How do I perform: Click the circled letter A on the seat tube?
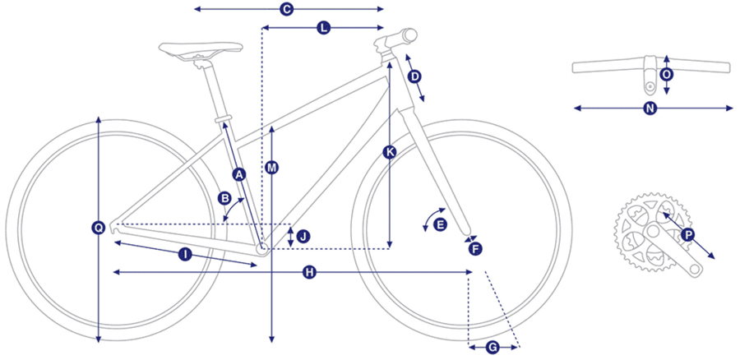[239, 175]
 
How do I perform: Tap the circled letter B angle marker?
[224, 198]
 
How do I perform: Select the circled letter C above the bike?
[286, 9]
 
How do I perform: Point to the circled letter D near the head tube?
[414, 76]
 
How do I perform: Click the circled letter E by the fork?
[439, 225]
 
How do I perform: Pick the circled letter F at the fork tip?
[475, 249]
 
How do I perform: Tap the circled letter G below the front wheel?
[492, 348]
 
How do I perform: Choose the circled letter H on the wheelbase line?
[309, 272]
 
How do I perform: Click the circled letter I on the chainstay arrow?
[185, 255]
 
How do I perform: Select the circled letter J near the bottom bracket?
[303, 236]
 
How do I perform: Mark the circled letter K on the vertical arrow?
[390, 152]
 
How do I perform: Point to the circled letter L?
[323, 28]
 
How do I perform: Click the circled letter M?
[271, 168]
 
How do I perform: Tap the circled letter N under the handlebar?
[650, 108]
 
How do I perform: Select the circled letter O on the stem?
[666, 75]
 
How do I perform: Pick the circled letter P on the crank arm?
[688, 235]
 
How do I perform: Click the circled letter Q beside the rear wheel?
[98, 228]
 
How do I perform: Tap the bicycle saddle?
[201, 49]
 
